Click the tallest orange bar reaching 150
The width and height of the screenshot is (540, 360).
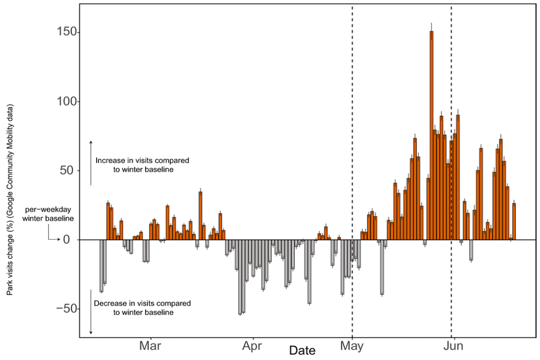(431, 135)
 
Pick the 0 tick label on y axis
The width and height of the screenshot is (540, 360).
(67, 240)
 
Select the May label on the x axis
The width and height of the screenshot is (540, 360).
(352, 345)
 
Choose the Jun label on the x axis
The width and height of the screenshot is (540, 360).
(452, 345)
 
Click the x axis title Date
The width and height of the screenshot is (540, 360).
(302, 350)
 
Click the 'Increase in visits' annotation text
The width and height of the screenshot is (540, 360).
(142, 165)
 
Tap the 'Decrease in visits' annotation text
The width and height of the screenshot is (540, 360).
(142, 308)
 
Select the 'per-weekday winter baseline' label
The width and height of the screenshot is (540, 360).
(48, 214)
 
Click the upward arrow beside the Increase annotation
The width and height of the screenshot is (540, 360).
(91, 163)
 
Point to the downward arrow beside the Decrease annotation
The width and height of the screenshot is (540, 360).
(91, 312)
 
